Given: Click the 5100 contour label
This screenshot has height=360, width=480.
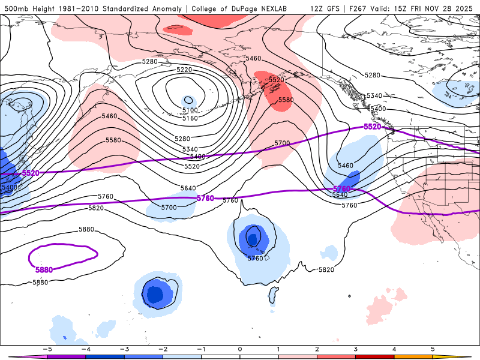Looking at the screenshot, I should tap(190, 110).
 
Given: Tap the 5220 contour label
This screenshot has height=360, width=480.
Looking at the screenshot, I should tap(184, 70).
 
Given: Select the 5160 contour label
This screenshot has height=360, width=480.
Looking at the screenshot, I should tap(190, 118).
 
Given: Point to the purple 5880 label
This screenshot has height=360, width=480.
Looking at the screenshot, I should tap(44, 270).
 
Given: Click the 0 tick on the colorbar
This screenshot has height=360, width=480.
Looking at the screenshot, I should tap(240, 349).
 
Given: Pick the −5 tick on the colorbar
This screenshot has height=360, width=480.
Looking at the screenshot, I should tap(46, 349).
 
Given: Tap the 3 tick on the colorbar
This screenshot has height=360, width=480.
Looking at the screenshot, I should tap(356, 349).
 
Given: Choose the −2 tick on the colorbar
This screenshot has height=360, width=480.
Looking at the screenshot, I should tap(163, 349).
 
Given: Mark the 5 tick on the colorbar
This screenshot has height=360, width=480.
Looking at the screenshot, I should tap(433, 349).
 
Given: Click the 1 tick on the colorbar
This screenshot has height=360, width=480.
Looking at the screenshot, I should tap(278, 349).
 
